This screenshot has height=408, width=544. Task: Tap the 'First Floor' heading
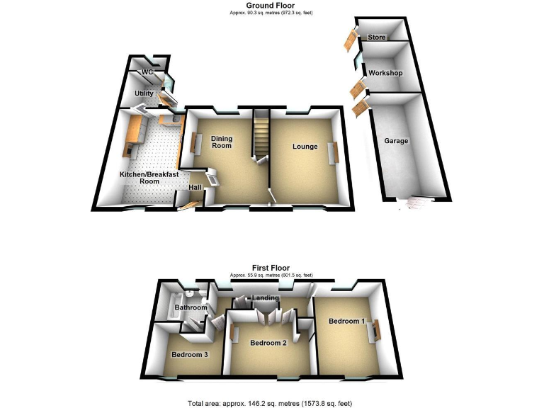[x=271, y=267]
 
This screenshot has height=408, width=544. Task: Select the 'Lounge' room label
[x=304, y=147]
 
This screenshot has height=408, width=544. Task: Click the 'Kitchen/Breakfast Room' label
[x=139, y=177]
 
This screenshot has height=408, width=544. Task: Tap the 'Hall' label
[x=195, y=187]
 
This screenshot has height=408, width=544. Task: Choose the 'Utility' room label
[x=144, y=93]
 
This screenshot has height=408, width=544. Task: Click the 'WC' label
[x=147, y=72]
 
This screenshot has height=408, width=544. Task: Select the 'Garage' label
[x=396, y=141]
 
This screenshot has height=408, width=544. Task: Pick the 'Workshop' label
[x=385, y=74]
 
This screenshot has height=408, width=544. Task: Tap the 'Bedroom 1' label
[x=346, y=321]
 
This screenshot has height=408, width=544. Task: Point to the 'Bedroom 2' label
[x=268, y=343]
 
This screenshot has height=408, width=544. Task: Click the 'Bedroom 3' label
[x=189, y=354]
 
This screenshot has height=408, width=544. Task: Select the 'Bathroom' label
[x=191, y=307]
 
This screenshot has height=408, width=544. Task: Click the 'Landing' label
[x=265, y=298]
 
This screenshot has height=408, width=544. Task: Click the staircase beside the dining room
[x=261, y=133]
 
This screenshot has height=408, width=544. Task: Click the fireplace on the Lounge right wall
[x=337, y=151]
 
